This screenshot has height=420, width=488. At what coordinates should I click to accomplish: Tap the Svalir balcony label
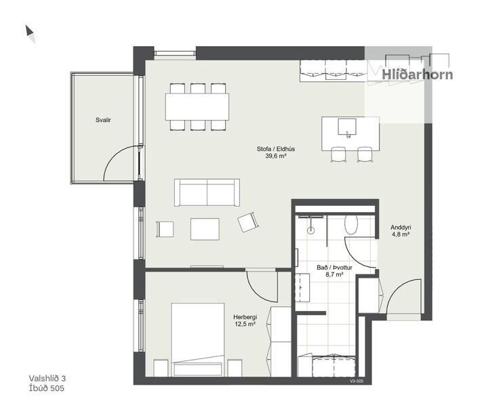pos(103,120)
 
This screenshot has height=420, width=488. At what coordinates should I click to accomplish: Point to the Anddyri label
pos(401,227)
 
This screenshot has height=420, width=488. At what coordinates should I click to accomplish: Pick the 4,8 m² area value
pos(401,234)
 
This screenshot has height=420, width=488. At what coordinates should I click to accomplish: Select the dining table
pos(197,106)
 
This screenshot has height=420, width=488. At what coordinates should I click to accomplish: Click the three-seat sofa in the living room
pos(207,192)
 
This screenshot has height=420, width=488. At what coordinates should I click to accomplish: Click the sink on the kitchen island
pos(348,126)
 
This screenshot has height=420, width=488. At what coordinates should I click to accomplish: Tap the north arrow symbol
pos(30,34)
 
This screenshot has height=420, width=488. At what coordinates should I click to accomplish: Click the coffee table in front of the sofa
pos(205,228)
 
